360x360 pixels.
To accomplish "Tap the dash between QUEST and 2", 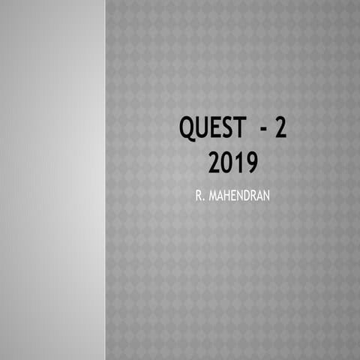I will click(x=264, y=129).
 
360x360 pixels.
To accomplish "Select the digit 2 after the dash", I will click(x=280, y=128).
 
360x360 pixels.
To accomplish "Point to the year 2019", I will click(x=232, y=162).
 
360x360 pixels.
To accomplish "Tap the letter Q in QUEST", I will click(x=187, y=129).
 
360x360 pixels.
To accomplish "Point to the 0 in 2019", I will click(x=227, y=162).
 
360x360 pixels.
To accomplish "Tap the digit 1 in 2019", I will click(x=238, y=162).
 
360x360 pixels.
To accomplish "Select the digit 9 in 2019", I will click(x=250, y=162).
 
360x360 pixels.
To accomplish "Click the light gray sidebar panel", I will click(x=52, y=180).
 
